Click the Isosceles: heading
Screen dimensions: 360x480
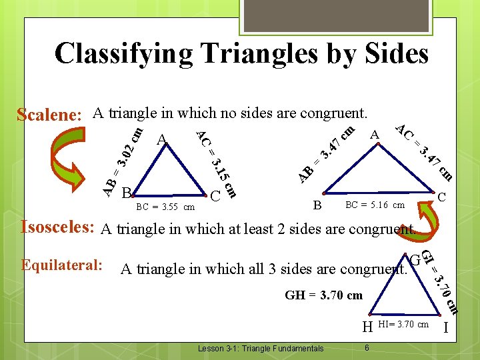point(58,227)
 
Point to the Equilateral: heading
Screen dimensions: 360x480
point(61,265)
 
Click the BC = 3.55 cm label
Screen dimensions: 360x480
point(165,207)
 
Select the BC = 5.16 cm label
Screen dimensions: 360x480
point(374,205)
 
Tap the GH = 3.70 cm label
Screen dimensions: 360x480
point(323,295)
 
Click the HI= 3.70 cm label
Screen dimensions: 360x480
point(403,324)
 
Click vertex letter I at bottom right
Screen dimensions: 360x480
point(445,327)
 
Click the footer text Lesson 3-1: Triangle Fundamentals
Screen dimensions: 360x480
point(261,348)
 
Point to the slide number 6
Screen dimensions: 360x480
point(367,347)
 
